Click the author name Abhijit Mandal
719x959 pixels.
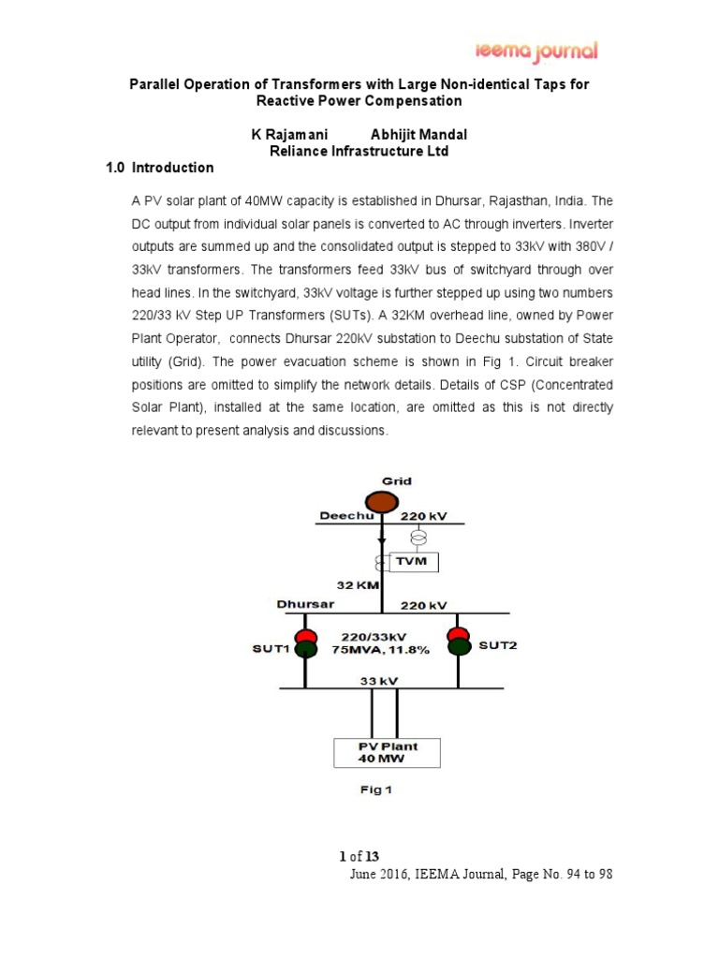coord(418,134)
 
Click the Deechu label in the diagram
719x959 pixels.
coord(347,516)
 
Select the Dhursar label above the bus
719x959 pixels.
coord(306,604)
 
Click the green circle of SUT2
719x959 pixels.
coord(459,647)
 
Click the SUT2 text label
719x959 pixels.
coord(496,646)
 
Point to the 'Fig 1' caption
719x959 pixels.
coord(376,789)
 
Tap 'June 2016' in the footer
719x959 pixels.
coord(378,875)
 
